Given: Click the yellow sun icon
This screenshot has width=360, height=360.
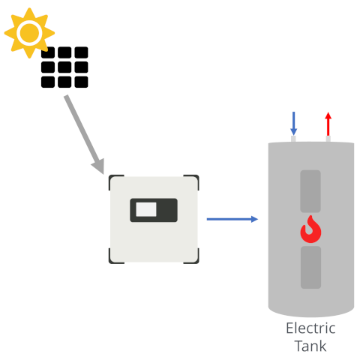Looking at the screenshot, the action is (29, 33).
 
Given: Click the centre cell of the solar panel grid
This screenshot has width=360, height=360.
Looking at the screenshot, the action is (64, 67).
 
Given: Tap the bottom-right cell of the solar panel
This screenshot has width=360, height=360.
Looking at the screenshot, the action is (81, 82).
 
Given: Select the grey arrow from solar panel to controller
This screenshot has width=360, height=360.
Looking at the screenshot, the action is (84, 134).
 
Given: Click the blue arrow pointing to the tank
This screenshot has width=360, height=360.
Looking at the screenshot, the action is (232, 219).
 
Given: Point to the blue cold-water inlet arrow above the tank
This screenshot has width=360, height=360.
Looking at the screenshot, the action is (293, 124).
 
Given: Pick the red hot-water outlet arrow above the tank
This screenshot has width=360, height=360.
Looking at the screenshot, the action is (328, 124).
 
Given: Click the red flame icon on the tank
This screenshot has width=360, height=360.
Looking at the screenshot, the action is (310, 229).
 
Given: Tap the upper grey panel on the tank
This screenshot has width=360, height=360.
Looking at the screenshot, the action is (310, 191).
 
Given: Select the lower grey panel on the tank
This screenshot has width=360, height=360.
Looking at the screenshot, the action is (310, 267).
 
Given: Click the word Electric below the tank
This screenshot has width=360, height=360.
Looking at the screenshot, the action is (310, 328).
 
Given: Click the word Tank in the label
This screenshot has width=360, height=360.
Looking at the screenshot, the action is (310, 346).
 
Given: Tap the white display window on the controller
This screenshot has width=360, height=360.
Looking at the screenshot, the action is (146, 209).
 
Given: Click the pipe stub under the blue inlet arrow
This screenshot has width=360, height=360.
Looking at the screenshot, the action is (293, 139).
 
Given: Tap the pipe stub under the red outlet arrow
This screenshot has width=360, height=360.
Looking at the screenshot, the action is (328, 139).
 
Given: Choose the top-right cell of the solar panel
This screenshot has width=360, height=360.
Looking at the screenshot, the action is (81, 52).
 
